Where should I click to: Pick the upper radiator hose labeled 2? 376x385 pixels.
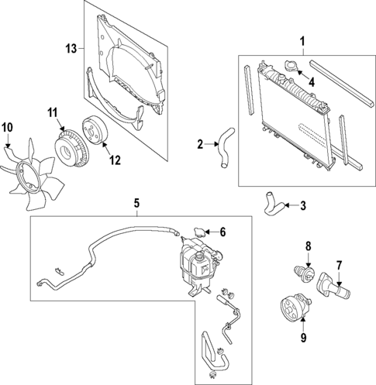click(224, 147)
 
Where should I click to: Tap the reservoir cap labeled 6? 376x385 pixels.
click(200, 231)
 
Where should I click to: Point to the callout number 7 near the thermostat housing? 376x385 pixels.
click(338, 266)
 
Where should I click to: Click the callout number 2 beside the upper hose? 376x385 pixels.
click(199, 143)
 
